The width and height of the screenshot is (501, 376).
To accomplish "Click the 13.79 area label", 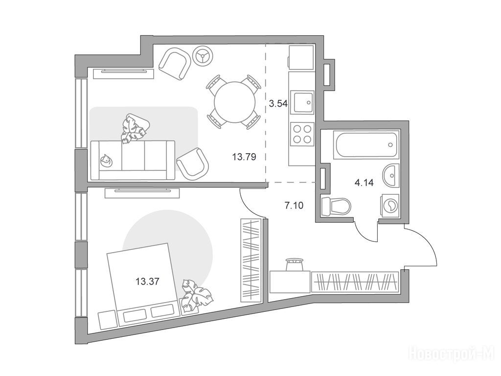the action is pos(244,157).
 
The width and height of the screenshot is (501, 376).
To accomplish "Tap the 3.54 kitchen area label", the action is pos(278,104).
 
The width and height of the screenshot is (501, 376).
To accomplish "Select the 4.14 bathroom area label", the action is pos(364,183).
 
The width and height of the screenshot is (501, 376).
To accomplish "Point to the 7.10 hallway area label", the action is pos(294,205).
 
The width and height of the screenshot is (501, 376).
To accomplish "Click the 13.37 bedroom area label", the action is pos(147,282).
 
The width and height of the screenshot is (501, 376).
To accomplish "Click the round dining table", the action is pos(234,102).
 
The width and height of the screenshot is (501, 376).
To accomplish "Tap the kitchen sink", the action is pos(303,102).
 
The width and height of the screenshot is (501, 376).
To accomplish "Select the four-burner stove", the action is pos(302,134).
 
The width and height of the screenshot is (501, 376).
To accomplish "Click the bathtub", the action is pos(366,144).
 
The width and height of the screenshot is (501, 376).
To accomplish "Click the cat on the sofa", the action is pos(107,160).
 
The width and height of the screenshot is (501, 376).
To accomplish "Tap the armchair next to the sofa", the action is pos(193,164).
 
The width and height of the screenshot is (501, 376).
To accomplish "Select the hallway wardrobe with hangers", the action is pos(355,282).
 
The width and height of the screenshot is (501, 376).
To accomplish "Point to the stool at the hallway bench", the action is pos(294,264).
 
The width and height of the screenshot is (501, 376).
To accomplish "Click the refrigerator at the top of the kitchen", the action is pos(301,57).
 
